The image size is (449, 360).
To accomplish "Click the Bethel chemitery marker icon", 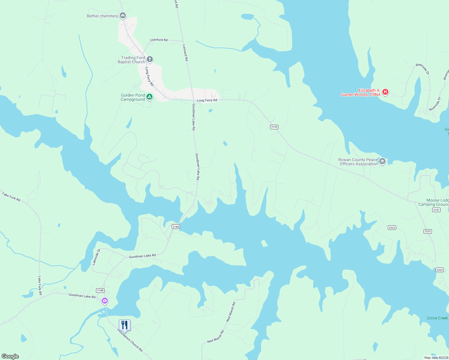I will point(122,15).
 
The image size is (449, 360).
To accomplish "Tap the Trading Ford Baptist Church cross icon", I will point(150,59).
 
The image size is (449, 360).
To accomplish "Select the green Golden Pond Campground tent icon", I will point(149,97).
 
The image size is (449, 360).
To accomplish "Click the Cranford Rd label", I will point(159,40).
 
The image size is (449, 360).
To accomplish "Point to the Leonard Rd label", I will point(185,53).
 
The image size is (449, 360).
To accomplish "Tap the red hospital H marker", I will point(385,92).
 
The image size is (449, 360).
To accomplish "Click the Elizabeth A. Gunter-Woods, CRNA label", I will point(361,92).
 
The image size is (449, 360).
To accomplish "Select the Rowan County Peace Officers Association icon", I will point(382,161).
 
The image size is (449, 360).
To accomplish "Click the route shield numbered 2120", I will point(274,127).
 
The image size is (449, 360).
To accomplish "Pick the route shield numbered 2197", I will point(436,210).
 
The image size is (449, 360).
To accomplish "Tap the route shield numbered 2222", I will point(428,231).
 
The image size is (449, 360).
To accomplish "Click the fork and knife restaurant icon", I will point(125,325).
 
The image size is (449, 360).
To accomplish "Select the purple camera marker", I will point(104,300).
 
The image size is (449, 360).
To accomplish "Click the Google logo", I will point(10,356).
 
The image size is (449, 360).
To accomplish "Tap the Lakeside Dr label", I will point(96,257).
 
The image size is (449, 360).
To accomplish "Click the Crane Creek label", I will point(437,318).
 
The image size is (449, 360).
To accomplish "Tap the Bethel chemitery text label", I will point(102,16).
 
